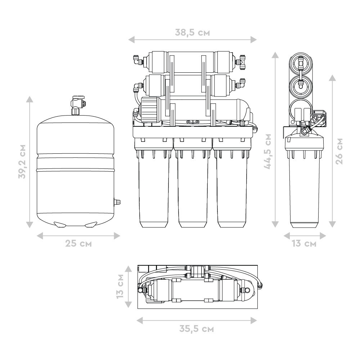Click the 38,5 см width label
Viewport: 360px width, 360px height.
click(x=192, y=33)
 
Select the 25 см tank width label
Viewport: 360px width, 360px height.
click(x=78, y=243)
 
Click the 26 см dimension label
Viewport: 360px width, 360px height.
click(x=339, y=151)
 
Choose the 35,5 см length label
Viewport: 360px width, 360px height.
click(x=196, y=329)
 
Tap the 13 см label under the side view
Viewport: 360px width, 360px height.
click(x=304, y=243)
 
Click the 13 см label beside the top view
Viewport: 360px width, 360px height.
click(x=120, y=286)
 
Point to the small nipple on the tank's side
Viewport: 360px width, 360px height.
click(x=117, y=202)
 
